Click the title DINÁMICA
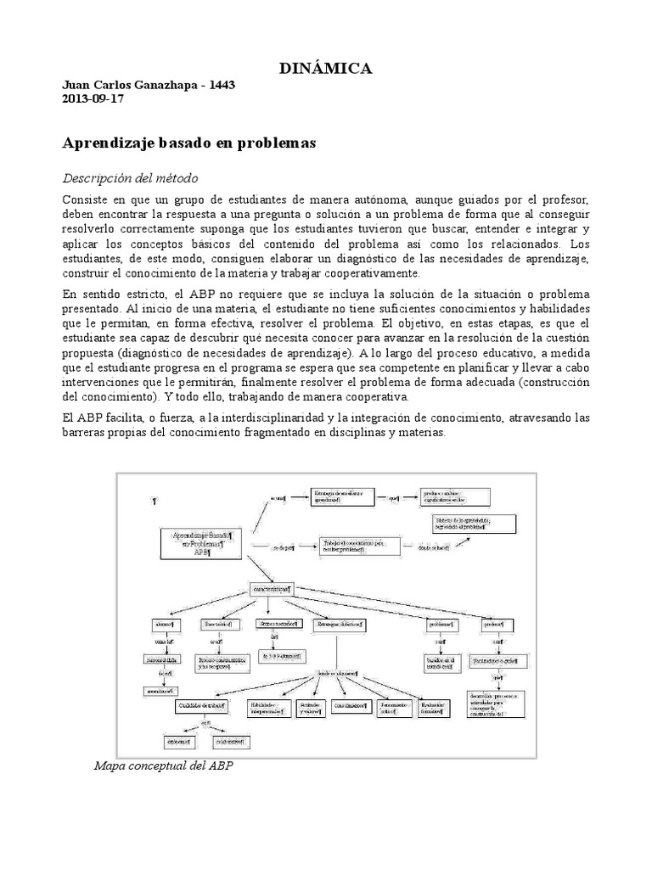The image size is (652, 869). tap(326, 69)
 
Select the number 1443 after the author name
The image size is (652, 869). tap(221, 86)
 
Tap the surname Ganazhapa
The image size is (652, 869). tap(161, 86)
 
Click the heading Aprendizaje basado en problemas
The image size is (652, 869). tap(189, 143)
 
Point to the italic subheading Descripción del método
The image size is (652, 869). tap(131, 178)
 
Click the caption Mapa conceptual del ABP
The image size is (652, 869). tap(163, 765)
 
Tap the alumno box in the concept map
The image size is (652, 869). tap(164, 625)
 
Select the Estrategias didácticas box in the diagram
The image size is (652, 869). tap(340, 625)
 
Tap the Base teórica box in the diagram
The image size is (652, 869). tap(217, 625)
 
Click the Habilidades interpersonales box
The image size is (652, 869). tap(267, 707)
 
